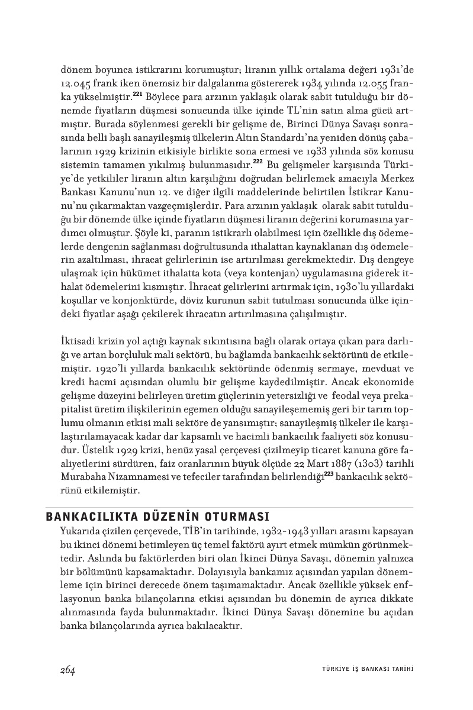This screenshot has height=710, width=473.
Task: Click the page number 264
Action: (67, 669)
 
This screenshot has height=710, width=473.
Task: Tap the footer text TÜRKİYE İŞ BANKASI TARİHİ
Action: (363, 669)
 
